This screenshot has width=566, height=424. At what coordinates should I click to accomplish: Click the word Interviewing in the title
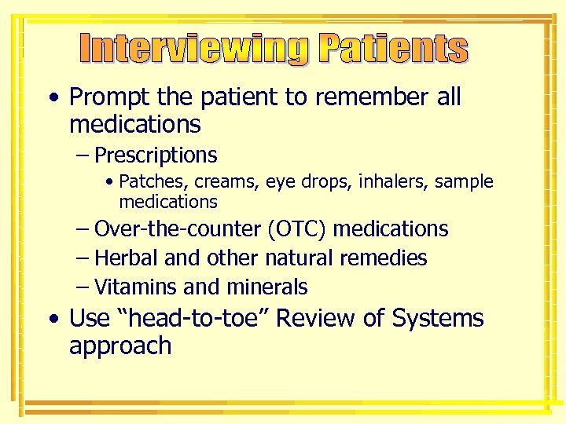click(196, 49)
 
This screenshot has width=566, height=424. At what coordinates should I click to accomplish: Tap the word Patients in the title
click(393, 49)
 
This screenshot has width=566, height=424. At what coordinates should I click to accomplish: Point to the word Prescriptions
click(156, 155)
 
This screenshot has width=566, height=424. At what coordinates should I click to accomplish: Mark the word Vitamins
click(130, 287)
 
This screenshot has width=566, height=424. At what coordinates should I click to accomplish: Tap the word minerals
click(267, 287)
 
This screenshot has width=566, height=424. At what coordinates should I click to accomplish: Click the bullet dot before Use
click(53, 320)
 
